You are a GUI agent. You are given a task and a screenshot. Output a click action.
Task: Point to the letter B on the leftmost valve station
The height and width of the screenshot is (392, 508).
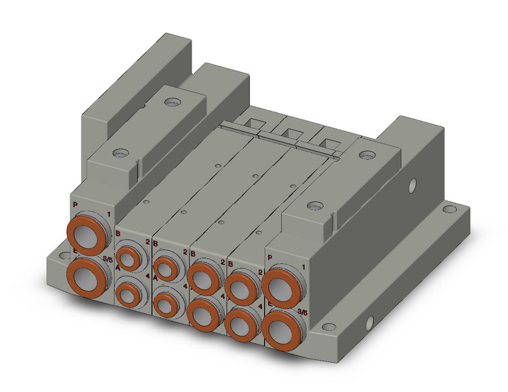(118, 234)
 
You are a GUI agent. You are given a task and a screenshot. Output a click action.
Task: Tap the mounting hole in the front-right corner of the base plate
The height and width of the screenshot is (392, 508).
(328, 327)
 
